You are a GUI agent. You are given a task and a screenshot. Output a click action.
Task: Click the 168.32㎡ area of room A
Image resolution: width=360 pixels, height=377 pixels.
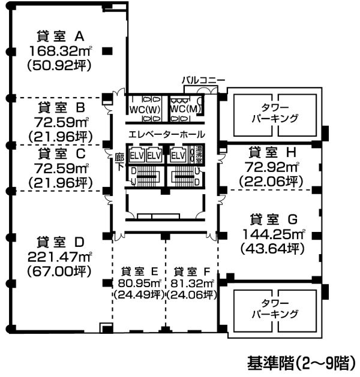(61, 51)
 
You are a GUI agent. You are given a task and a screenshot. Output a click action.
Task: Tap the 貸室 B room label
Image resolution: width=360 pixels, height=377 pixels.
(62, 107)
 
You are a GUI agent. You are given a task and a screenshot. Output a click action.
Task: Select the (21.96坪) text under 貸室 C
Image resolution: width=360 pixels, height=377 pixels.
(61, 183)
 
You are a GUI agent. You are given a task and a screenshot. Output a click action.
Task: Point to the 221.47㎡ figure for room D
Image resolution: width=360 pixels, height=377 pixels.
(60, 257)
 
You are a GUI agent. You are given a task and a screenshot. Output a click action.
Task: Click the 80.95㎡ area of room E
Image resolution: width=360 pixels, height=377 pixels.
(139, 283)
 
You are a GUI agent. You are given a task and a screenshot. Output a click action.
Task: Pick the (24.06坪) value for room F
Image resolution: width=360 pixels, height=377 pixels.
(192, 294)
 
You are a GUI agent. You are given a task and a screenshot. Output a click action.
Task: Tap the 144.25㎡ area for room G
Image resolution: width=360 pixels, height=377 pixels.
(274, 234)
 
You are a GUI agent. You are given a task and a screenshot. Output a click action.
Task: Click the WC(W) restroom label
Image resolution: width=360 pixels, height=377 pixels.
(145, 110)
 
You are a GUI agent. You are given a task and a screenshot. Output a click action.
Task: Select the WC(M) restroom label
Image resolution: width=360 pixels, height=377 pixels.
(185, 109)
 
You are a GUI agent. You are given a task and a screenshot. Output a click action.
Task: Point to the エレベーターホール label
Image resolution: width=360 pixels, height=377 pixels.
(167, 134)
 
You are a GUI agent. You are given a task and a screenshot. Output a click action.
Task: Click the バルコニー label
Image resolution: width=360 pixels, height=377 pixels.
(203, 80)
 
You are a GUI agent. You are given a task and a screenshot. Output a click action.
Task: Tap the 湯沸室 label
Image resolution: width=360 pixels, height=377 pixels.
(199, 155)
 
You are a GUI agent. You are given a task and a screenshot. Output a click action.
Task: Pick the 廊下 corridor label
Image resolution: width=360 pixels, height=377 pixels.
(119, 162)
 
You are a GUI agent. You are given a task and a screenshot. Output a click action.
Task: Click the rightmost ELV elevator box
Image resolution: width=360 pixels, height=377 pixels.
(178, 156)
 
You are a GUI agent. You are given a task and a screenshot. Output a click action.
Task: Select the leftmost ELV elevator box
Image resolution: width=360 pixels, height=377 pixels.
(137, 156)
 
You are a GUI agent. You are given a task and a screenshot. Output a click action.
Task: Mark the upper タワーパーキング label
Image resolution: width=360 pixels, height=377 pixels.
(275, 113)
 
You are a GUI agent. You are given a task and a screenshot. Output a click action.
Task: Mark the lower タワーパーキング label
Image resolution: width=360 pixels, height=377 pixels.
(275, 309)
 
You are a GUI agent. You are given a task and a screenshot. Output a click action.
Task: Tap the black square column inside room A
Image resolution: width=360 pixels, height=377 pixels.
(107, 51)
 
